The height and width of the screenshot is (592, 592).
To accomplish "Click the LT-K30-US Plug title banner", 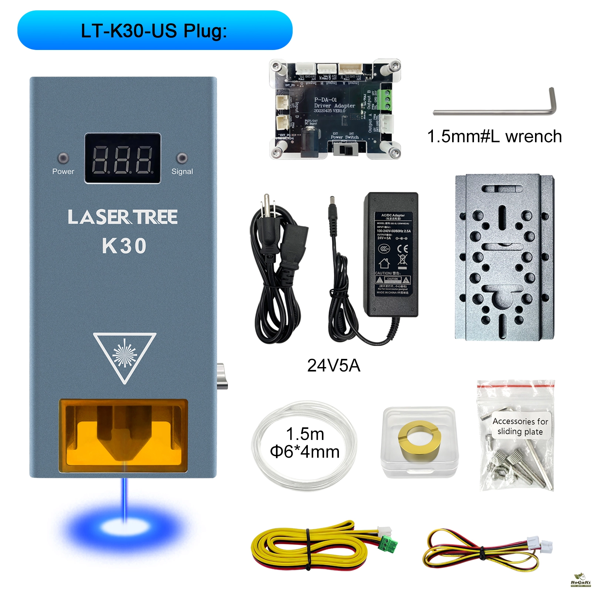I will tap(155, 30).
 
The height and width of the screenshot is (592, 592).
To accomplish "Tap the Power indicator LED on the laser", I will tap(63, 158).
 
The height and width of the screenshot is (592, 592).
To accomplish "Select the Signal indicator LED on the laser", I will tap(182, 158).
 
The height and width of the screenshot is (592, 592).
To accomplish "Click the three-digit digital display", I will tap(122, 158).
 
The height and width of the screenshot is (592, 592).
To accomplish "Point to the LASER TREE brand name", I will tap(122, 217).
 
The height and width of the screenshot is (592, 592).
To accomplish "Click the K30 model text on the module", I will tap(124, 246).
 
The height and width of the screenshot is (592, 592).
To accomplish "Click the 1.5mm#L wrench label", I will tap(494, 137).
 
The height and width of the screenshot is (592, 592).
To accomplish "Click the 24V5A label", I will tap(333, 366).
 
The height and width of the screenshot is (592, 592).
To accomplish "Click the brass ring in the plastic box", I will tap(418, 442).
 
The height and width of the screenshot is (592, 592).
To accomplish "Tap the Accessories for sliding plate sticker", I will tap(520, 426).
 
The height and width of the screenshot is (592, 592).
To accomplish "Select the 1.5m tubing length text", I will tap(305, 434).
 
